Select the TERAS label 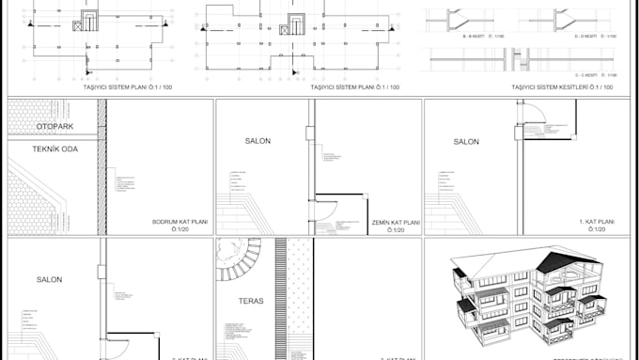point(250,302)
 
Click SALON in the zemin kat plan point(257,141)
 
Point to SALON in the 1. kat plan point(466,142)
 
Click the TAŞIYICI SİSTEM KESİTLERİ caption point(562,87)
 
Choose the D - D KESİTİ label point(598,36)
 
